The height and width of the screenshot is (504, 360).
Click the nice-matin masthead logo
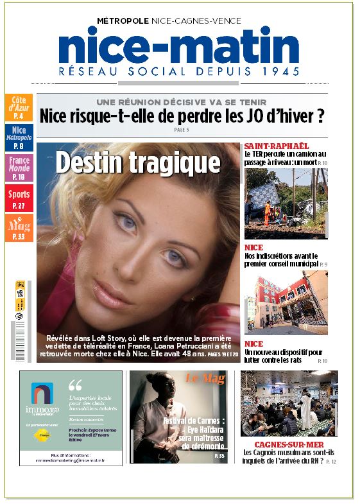pos(179,47)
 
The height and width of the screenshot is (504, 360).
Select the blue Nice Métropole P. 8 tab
pos(19,137)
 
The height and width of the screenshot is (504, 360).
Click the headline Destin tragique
pos(138,162)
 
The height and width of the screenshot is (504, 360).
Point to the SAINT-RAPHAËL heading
pos(268,146)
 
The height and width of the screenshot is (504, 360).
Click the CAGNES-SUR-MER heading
pos(289,444)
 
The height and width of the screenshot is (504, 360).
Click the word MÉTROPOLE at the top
pos(123,21)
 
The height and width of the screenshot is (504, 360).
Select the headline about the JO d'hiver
pos(182,116)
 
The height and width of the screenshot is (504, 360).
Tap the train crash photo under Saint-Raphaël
pos(286,204)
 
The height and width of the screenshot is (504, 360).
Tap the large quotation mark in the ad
pos(74,385)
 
